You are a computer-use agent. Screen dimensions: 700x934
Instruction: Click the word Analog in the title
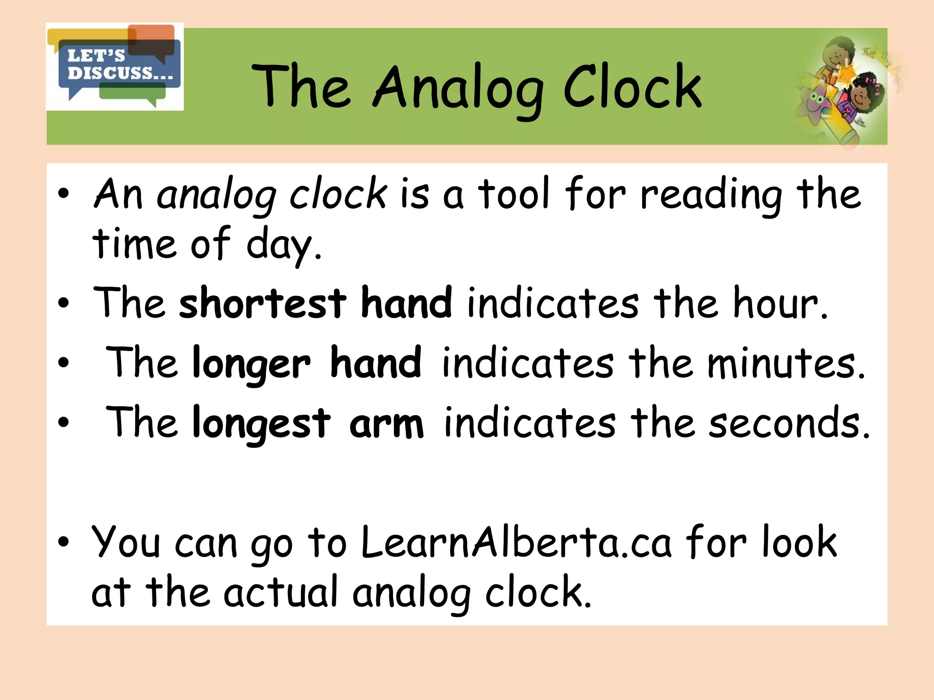pos(459,88)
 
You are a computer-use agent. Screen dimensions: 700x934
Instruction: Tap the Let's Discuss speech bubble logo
pos(115,67)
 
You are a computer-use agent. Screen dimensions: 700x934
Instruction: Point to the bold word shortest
pos(263,303)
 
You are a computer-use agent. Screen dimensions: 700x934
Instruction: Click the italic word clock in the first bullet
pos(338,194)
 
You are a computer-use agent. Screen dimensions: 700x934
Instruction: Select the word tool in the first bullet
pos(514,194)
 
